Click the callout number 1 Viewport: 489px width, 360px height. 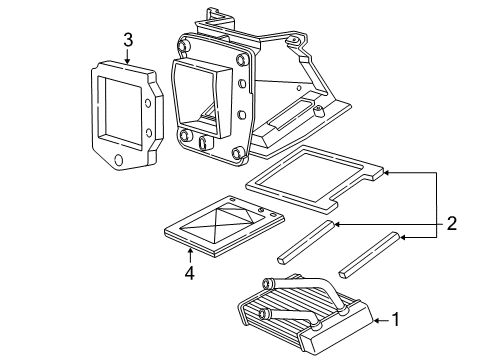[x=396, y=320]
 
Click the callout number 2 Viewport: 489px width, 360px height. [x=452, y=223]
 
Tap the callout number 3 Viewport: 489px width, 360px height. [x=128, y=40]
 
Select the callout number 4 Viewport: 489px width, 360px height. [x=190, y=273]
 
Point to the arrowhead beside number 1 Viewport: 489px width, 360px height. [x=377, y=320]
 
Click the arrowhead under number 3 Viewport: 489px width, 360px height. [x=127, y=60]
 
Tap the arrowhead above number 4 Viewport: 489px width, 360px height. [x=190, y=250]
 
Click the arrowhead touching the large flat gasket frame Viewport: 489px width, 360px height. [x=387, y=173]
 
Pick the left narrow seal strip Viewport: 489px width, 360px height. [x=305, y=242]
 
